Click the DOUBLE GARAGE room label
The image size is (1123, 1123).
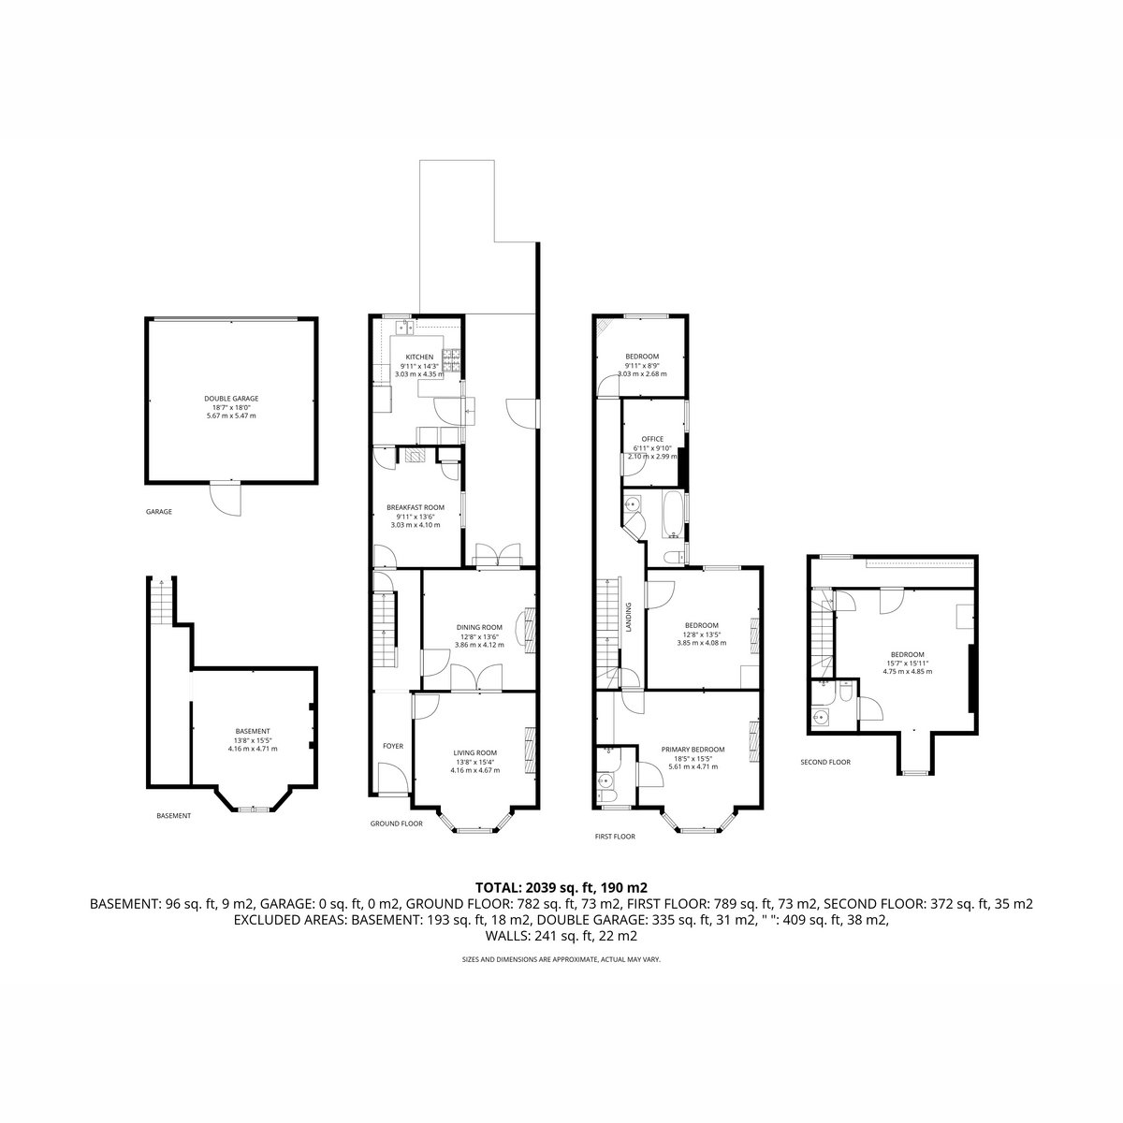(231, 399)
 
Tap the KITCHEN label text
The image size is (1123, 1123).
(419, 357)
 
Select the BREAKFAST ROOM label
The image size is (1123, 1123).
(416, 507)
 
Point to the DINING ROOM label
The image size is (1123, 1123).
(479, 627)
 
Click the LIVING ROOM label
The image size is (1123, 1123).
(475, 752)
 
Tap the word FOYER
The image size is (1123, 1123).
(393, 746)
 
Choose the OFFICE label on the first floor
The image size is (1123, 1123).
(652, 439)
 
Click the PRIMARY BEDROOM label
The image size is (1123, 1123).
(693, 750)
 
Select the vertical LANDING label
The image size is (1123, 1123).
(628, 617)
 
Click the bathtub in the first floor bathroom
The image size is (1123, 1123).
(674, 515)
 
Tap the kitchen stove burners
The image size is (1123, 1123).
(452, 360)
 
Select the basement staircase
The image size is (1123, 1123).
(161, 600)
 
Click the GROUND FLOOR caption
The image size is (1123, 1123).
(396, 824)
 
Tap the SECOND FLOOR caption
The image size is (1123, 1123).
(825, 762)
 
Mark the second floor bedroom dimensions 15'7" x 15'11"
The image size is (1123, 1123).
(907, 663)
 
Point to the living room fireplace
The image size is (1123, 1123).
(530, 751)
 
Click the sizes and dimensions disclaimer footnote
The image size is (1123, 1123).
(561, 959)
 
